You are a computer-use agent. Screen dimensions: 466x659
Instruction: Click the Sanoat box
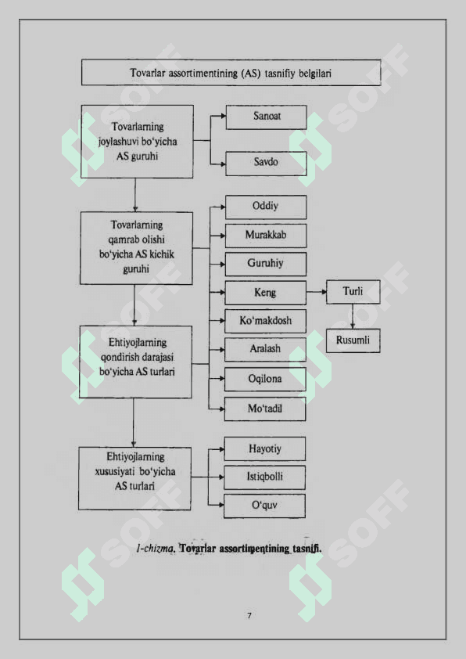266,117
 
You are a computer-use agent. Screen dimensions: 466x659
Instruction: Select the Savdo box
266,164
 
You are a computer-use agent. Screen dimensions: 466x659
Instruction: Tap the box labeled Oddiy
266,207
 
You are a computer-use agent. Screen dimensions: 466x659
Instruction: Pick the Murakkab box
266,236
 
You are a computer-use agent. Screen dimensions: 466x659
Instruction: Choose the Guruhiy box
266,264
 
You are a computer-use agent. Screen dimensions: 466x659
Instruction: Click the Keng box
265,293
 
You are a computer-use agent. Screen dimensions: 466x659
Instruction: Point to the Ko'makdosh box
265,321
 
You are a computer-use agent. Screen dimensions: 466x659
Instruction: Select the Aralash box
265,350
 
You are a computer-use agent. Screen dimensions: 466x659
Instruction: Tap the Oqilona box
265,380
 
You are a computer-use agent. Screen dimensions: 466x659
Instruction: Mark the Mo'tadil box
265,409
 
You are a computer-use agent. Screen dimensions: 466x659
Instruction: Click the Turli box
353,292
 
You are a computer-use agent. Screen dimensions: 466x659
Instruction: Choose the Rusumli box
353,340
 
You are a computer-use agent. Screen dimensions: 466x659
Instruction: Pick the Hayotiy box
265,449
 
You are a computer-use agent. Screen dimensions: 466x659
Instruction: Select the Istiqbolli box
264,477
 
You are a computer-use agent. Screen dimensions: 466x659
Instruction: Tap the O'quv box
264,506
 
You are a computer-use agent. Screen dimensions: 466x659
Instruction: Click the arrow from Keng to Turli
317,292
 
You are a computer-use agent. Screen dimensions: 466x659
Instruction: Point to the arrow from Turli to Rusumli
353,316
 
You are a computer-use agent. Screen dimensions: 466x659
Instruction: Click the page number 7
249,616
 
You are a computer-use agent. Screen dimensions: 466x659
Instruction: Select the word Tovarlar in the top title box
148,73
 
